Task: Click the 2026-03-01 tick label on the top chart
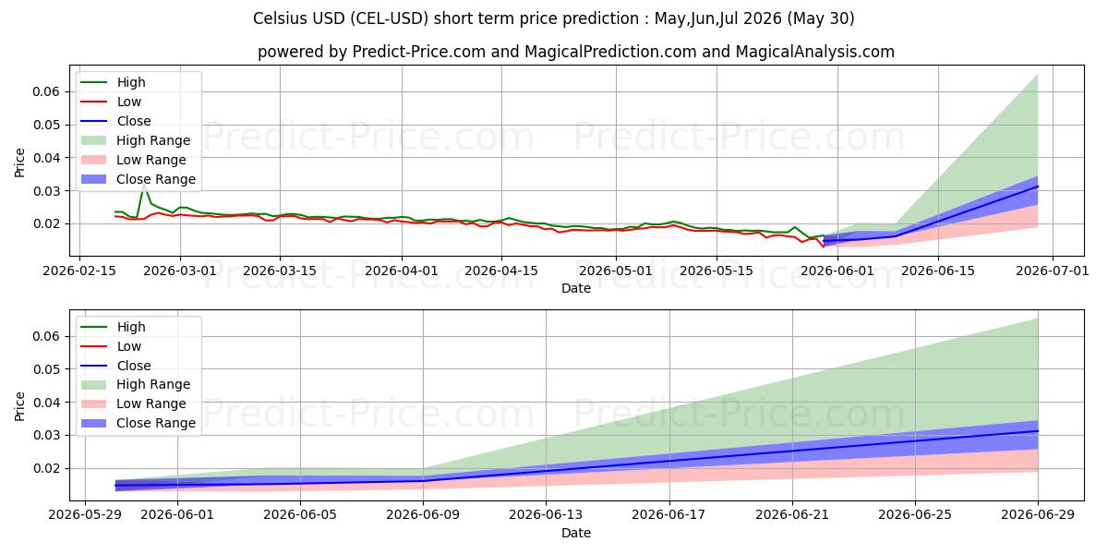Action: pyautogui.click(x=179, y=271)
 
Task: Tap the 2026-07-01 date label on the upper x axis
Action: pyautogui.click(x=1052, y=271)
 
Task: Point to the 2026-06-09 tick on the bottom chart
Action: pyautogui.click(x=423, y=515)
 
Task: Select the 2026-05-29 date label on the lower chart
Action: pyautogui.click(x=85, y=515)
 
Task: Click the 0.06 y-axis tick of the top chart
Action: pyautogui.click(x=46, y=91)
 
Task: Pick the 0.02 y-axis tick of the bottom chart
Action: pyautogui.click(x=46, y=468)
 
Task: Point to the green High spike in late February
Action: pyautogui.click(x=144, y=186)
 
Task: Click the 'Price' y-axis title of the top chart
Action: pyautogui.click(x=19, y=163)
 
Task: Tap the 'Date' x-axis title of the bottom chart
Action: pyautogui.click(x=576, y=534)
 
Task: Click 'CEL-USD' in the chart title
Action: pyautogui.click(x=390, y=18)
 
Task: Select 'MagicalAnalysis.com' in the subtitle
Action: pyautogui.click(x=814, y=52)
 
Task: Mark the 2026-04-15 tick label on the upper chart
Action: pyautogui.click(x=501, y=271)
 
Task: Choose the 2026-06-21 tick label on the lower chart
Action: pyautogui.click(x=792, y=515)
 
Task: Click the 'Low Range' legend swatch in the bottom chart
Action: pyautogui.click(x=93, y=403)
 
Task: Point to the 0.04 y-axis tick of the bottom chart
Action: pyautogui.click(x=46, y=403)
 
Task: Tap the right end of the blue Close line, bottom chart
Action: pyautogui.click(x=1038, y=431)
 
